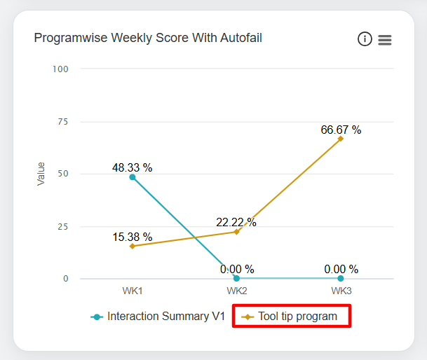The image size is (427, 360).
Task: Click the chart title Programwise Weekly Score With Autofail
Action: point(148,38)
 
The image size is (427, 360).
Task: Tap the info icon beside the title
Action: point(365,39)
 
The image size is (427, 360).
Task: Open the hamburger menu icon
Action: point(385,40)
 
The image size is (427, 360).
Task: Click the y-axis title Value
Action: point(41,174)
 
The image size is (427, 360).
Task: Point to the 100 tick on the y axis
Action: point(60,69)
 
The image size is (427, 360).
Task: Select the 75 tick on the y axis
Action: point(62,121)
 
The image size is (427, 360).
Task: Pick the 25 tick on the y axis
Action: point(62,226)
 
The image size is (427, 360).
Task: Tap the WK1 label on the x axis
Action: point(133,290)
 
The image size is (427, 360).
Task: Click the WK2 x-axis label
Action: point(236,290)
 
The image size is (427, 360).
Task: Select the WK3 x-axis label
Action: point(341,290)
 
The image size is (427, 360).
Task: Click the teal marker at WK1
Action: point(133,177)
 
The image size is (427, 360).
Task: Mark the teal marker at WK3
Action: point(341,279)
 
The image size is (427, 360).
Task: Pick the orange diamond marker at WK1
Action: point(133,247)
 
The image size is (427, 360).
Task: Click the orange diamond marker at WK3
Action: point(341,139)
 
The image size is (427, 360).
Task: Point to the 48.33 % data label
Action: point(133,168)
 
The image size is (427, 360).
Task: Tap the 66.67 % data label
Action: point(341,130)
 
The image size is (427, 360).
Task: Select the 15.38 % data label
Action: point(133,237)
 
